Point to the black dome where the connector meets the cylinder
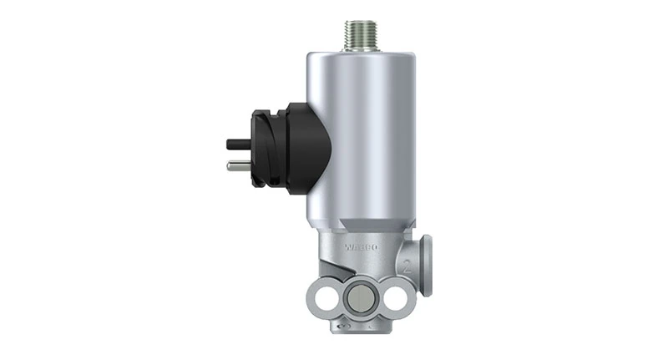pyautogui.click(x=309, y=149)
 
